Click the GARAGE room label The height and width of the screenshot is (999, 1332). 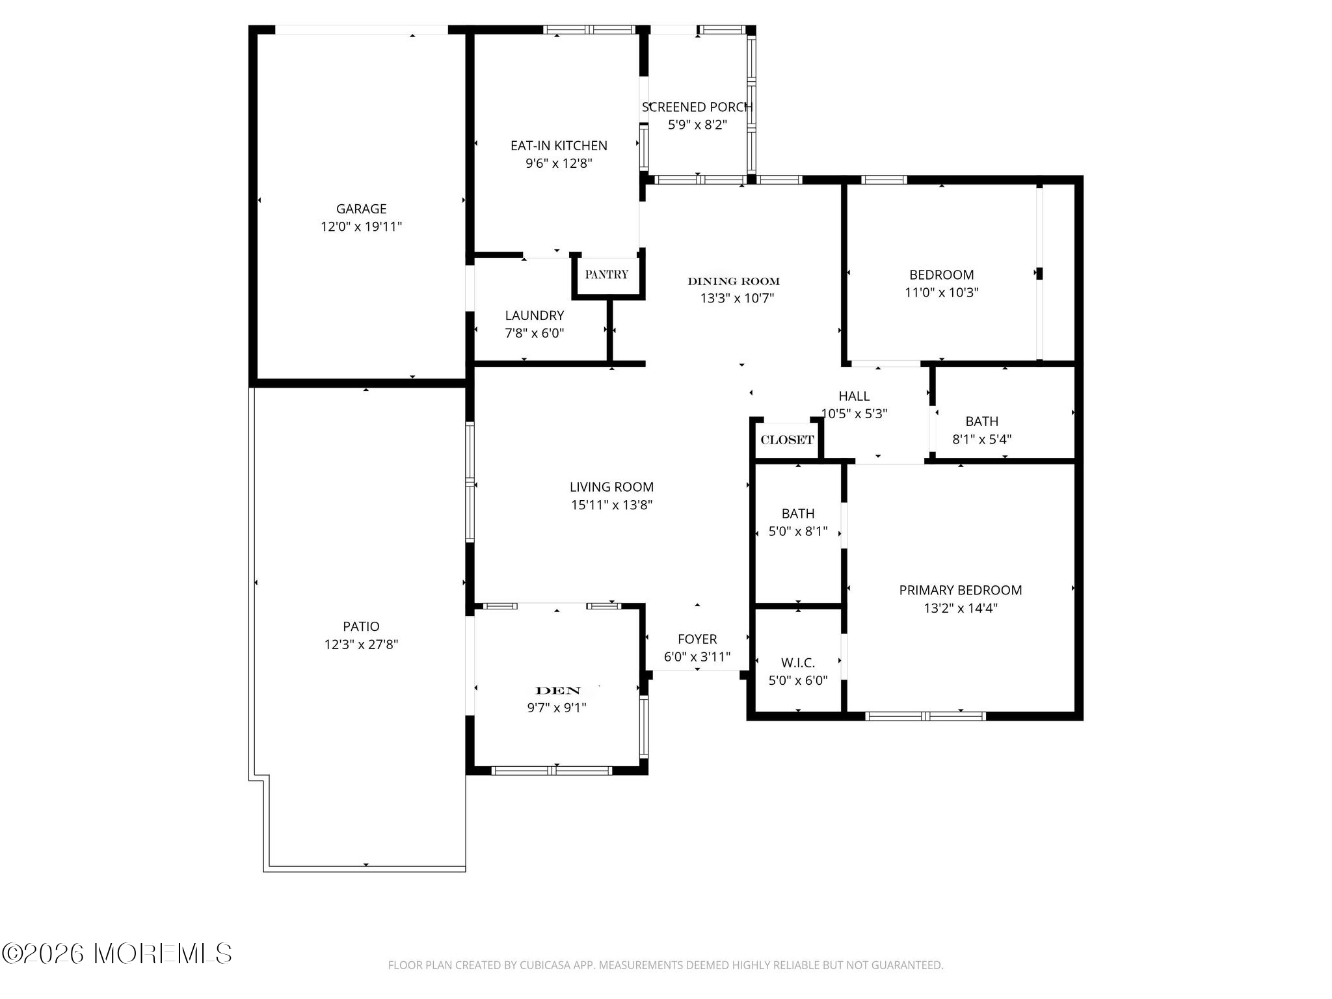tap(361, 209)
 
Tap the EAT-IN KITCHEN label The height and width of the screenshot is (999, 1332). tap(559, 146)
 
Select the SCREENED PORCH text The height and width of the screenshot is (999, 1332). tap(697, 107)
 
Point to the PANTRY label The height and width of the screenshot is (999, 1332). tap(606, 274)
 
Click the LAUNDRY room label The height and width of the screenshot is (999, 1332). tap(535, 315)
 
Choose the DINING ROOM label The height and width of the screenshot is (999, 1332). tap(734, 281)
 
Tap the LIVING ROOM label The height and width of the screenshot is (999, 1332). tap(611, 486)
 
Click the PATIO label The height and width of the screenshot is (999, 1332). tap(361, 626)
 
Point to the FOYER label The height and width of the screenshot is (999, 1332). tap(697, 639)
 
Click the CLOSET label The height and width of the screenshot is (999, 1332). tap(787, 440)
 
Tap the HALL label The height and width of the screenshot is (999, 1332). tap(854, 396)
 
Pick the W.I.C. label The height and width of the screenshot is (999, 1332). tap(798, 663)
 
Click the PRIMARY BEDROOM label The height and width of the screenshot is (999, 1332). tap(961, 590)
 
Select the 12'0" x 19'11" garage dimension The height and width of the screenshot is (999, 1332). tap(361, 226)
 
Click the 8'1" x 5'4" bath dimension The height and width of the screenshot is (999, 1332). tap(982, 439)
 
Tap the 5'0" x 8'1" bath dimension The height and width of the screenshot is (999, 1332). tap(798, 531)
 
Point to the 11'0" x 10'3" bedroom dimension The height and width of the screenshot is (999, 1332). tap(942, 293)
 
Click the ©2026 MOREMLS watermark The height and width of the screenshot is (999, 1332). tap(116, 954)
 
